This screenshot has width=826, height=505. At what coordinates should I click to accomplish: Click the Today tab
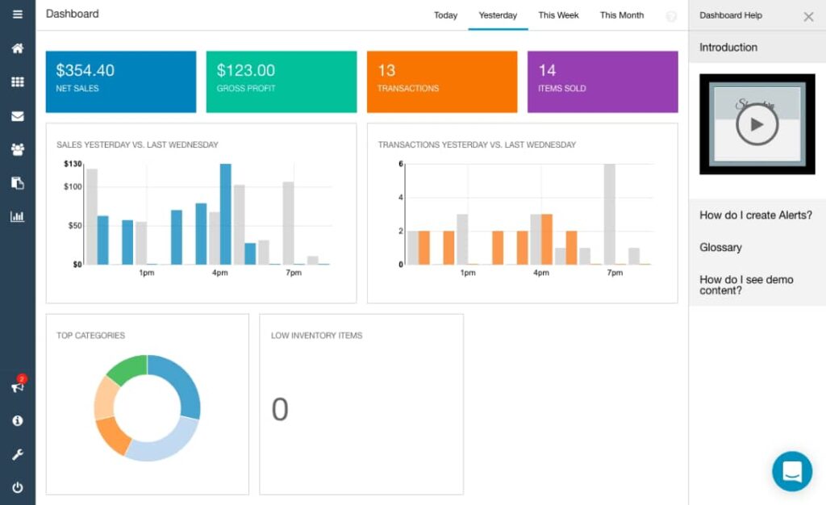pyautogui.click(x=445, y=15)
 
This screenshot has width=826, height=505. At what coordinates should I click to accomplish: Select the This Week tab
pyautogui.click(x=558, y=15)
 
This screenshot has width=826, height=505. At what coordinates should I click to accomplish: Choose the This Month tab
pyautogui.click(x=621, y=15)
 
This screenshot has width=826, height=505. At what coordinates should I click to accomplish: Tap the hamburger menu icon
pyautogui.click(x=17, y=15)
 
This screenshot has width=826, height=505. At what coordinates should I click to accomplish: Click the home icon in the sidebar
pyautogui.click(x=17, y=48)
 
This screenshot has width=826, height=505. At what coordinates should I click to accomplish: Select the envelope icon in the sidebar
pyautogui.click(x=17, y=115)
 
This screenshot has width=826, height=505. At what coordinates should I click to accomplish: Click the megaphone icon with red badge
pyautogui.click(x=17, y=386)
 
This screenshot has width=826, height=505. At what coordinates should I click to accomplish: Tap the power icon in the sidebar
pyautogui.click(x=17, y=487)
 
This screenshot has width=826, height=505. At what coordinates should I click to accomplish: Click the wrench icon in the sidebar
pyautogui.click(x=17, y=454)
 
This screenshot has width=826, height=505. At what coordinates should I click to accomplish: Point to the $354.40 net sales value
pyautogui.click(x=85, y=71)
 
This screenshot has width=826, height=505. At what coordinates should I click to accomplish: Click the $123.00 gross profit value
pyautogui.click(x=245, y=71)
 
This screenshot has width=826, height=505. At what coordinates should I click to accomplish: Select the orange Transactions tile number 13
pyautogui.click(x=386, y=71)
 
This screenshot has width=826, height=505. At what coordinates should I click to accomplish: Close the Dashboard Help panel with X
pyautogui.click(x=808, y=16)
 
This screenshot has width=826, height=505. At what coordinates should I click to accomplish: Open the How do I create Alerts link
pyautogui.click(x=755, y=215)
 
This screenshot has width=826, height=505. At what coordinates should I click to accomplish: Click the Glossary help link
pyautogui.click(x=720, y=248)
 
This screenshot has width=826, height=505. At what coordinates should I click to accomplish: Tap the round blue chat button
pyautogui.click(x=791, y=471)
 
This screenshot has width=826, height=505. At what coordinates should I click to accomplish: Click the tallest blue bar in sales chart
pyautogui.click(x=226, y=214)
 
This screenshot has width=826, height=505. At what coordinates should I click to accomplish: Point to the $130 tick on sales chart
pyautogui.click(x=73, y=165)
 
